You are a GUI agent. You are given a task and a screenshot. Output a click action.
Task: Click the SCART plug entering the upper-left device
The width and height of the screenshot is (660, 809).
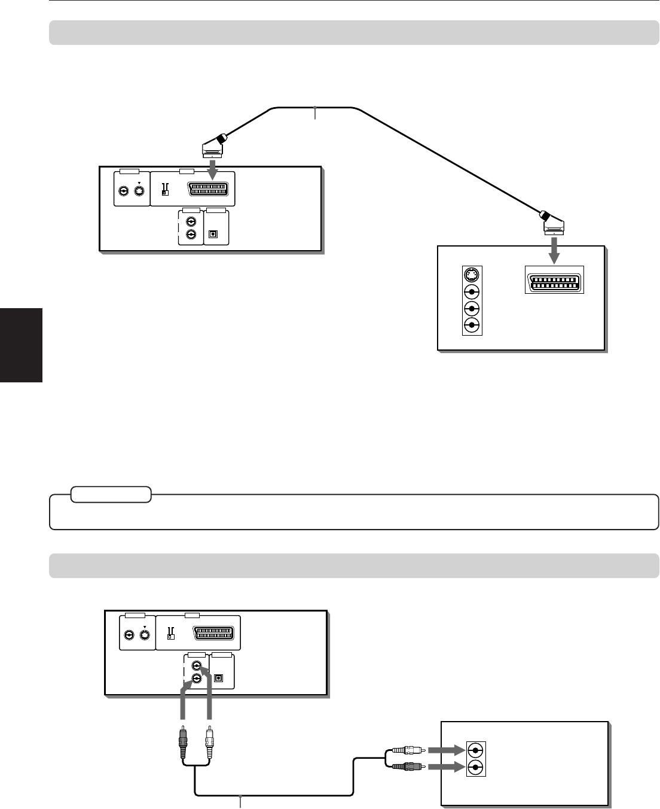(x=212, y=146)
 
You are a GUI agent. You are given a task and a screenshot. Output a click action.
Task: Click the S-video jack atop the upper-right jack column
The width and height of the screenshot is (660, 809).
(x=472, y=276)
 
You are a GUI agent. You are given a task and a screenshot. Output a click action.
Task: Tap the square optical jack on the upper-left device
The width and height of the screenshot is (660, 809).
(x=214, y=234)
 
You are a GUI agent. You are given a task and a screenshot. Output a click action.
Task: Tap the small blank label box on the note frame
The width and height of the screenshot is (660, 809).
(x=111, y=494)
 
